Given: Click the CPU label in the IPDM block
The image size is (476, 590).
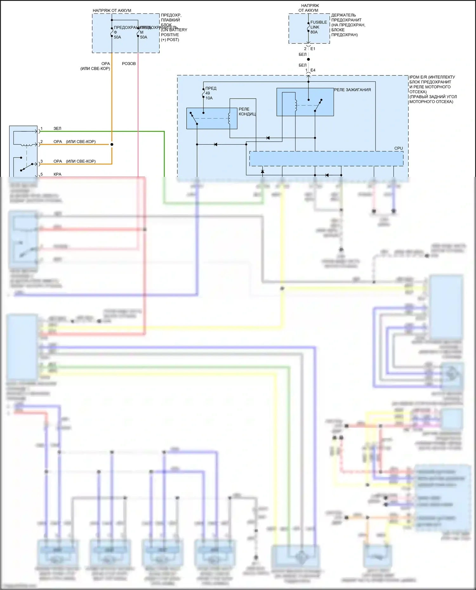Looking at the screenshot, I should [x=398, y=148].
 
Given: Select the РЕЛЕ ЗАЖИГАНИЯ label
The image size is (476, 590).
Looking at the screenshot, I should [x=352, y=90].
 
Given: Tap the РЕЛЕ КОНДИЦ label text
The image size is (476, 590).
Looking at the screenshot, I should [x=247, y=112].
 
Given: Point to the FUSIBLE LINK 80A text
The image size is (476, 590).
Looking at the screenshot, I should [x=318, y=27].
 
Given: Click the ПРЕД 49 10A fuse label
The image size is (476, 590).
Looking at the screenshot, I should [x=210, y=93].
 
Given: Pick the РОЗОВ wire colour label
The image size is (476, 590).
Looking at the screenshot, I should [x=129, y=64].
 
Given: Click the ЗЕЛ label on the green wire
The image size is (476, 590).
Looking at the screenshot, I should [x=57, y=129].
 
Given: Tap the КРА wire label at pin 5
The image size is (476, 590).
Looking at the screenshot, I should [x=57, y=174].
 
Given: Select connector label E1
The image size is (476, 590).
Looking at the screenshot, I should [x=313, y=49].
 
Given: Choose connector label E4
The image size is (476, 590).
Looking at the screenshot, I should [x=313, y=70].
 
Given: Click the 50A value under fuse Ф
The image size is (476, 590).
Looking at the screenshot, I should [x=117, y=37].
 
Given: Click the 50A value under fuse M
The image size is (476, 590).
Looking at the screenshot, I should [x=144, y=37].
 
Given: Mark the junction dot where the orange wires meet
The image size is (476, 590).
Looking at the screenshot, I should [x=112, y=145].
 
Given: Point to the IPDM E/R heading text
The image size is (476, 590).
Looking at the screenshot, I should [x=432, y=77].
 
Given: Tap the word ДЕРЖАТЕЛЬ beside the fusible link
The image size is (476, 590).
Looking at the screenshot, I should [x=343, y=15].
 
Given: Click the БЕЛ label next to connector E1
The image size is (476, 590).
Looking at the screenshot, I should [x=302, y=55].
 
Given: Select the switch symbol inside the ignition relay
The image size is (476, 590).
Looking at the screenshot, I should [x=318, y=105].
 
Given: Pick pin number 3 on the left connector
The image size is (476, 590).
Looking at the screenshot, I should [x=42, y=161].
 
